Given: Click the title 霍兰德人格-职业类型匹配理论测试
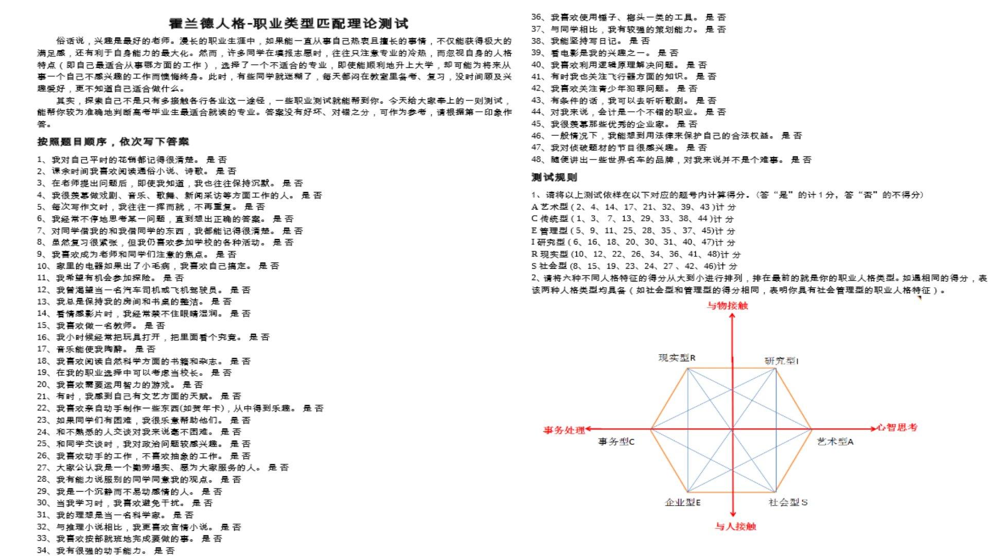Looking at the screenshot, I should coord(289,24).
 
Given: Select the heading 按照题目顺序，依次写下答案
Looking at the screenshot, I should coord(113,142).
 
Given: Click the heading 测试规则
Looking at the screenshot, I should coord(554,178).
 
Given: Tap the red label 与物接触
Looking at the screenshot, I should coord(727,306).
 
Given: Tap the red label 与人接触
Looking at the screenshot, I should coord(735,526).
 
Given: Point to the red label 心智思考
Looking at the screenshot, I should coord(897,427).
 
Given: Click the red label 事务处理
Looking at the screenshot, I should coord(564,429).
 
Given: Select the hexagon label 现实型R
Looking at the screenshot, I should coord(677,358).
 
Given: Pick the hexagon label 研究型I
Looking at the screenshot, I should coord(781,361).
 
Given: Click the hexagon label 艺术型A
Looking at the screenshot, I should coord(835,442).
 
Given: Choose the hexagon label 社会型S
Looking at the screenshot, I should coord(788,502).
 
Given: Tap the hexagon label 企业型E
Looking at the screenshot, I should coord(682,502).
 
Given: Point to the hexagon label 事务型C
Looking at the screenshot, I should coord(616,442).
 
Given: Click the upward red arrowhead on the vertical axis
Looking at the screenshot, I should coord(732,316).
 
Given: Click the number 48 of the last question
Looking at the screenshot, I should coord(537,160).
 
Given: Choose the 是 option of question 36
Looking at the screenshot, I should coord(710,18).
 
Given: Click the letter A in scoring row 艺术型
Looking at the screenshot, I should coord(535,207).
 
